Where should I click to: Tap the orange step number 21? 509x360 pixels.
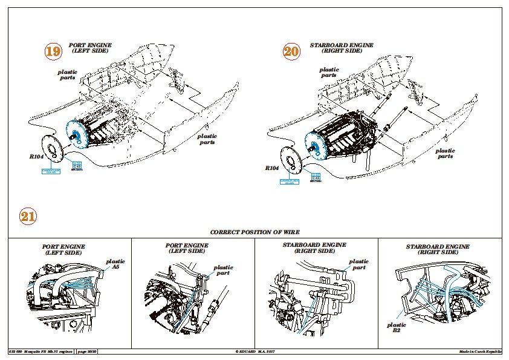point(28,217)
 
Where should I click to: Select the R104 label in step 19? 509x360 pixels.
point(36,156)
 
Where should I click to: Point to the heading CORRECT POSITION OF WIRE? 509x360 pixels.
point(254,232)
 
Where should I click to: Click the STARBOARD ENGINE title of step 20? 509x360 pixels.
point(342,48)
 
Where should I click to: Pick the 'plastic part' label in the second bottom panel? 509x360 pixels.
point(223,270)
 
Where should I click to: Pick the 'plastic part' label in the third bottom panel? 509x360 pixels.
point(359,264)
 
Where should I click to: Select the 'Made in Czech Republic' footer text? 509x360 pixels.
point(480,352)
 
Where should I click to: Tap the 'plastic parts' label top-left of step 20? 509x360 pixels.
point(329,73)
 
